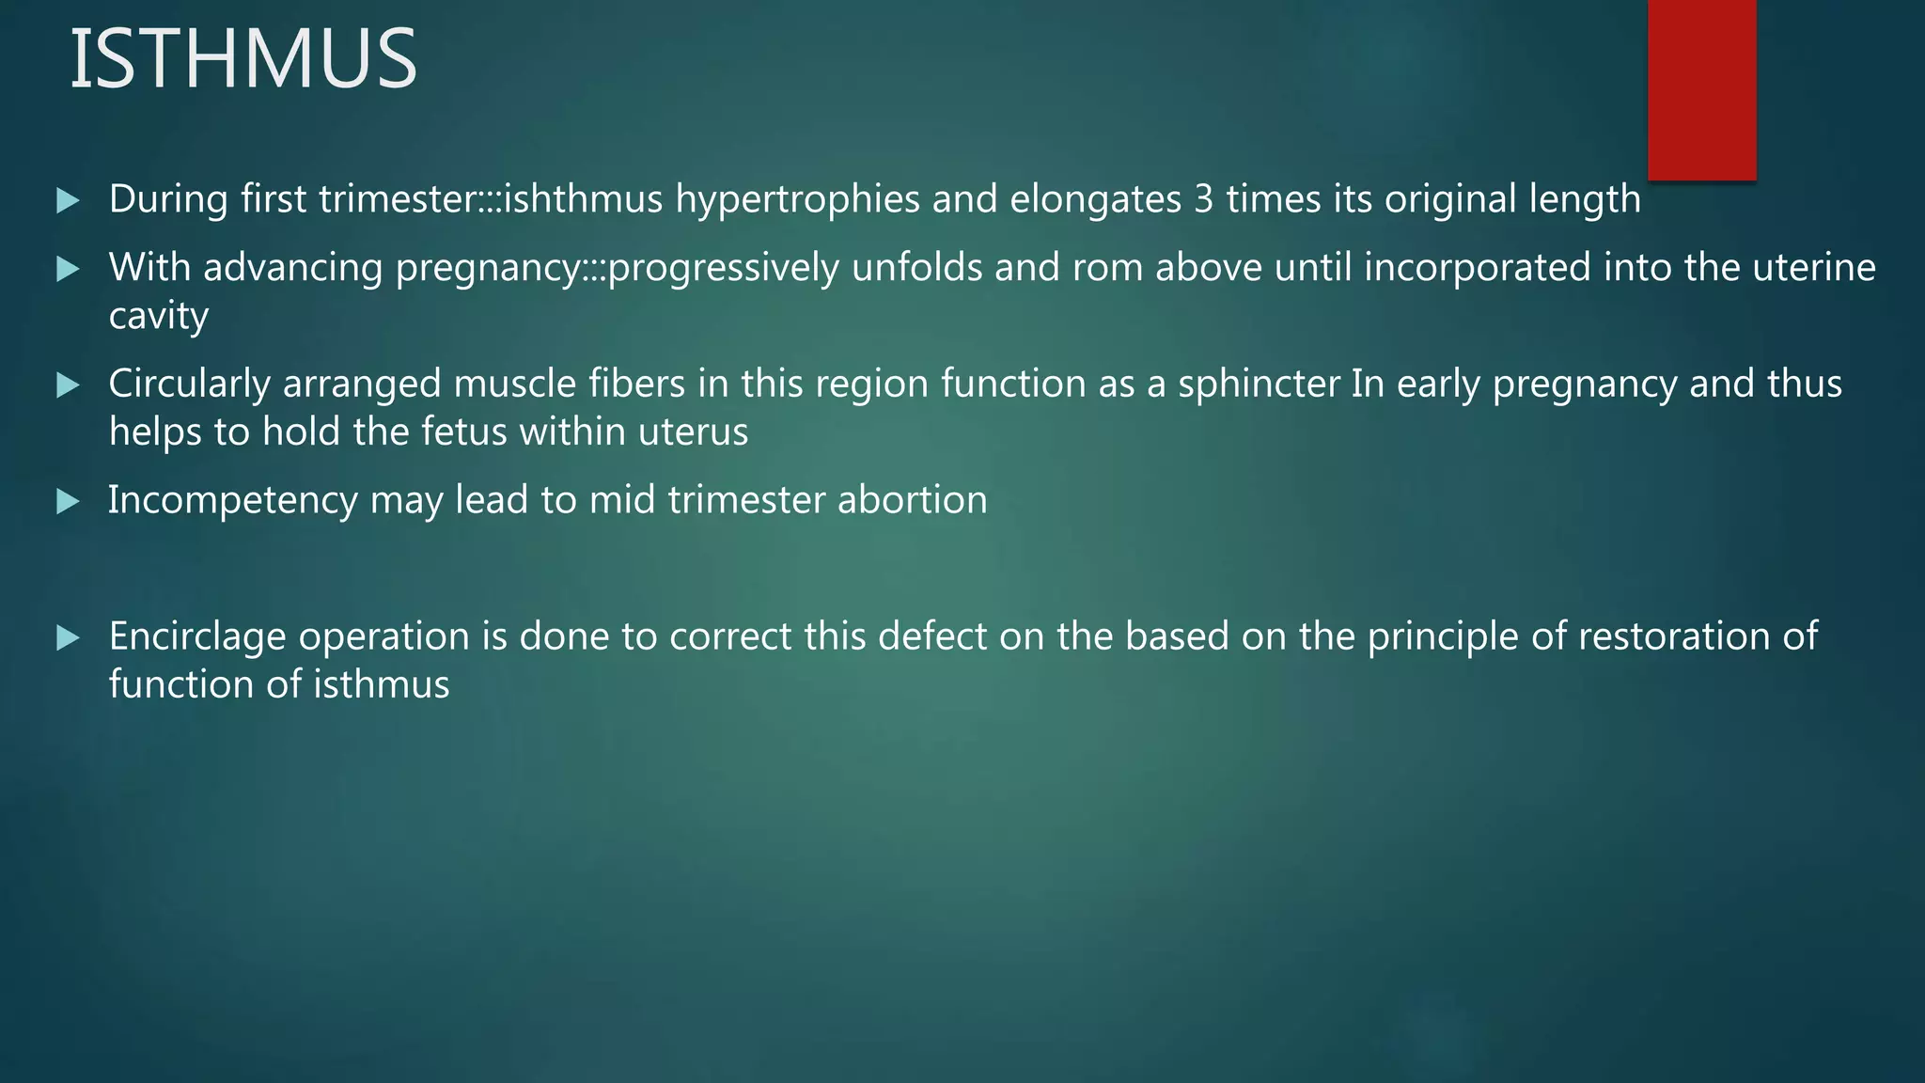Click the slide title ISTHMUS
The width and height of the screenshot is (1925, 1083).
(x=243, y=59)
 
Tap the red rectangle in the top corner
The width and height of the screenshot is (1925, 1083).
(x=1701, y=89)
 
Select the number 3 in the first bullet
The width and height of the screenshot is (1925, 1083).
(x=1203, y=199)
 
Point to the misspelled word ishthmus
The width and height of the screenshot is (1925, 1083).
(x=584, y=199)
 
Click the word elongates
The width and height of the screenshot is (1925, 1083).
(x=1095, y=199)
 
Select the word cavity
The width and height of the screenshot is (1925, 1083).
(x=158, y=317)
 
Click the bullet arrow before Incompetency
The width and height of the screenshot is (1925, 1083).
(x=68, y=501)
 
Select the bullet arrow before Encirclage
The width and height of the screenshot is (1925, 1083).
(x=68, y=638)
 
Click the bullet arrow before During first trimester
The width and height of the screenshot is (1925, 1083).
(x=68, y=200)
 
